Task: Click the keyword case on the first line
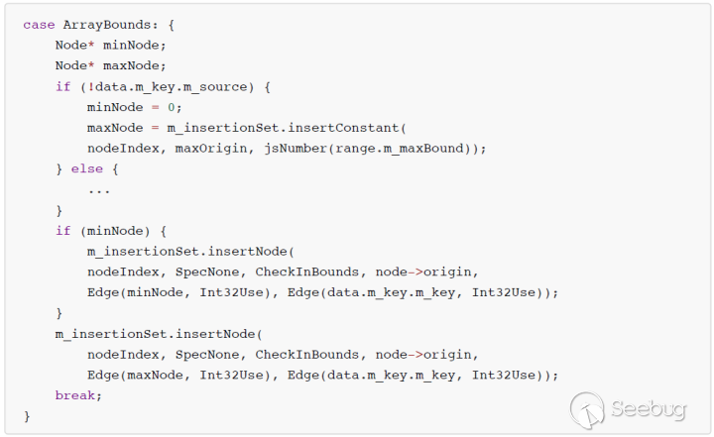[x=39, y=24]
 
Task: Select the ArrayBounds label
[x=102, y=24]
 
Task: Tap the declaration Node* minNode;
[x=111, y=45]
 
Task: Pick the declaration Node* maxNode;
[x=111, y=65]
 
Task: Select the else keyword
[x=94, y=169]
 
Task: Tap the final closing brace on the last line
[x=27, y=416]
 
